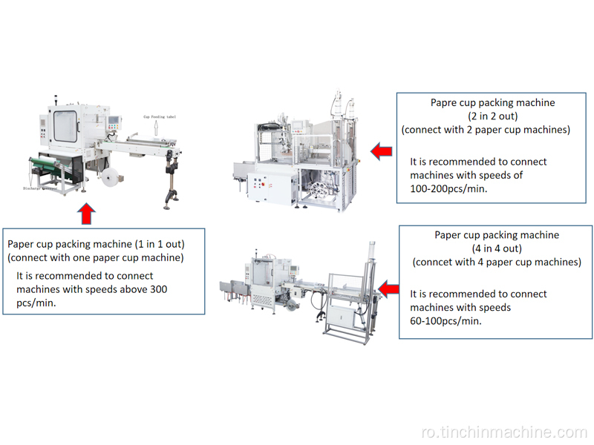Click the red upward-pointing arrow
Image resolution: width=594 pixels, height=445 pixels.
coord(87,214)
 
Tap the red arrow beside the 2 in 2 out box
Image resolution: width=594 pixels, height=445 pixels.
coord(382,152)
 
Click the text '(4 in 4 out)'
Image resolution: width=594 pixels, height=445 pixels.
coord(497,248)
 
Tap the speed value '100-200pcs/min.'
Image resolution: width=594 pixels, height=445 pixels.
coord(448,189)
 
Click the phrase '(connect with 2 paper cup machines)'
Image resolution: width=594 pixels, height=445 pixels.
coord(486,130)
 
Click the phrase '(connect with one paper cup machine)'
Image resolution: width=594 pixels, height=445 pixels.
coord(96,257)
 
